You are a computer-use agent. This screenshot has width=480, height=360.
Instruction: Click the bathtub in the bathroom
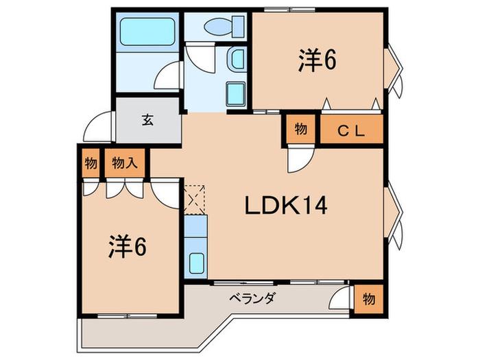click(x=147, y=32)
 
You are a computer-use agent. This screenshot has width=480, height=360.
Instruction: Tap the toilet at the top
click(x=224, y=26)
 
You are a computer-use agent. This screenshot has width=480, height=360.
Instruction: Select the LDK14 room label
click(x=286, y=206)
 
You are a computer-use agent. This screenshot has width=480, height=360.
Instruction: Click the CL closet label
click(x=351, y=131)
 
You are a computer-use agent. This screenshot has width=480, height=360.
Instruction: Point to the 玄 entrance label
click(x=147, y=120)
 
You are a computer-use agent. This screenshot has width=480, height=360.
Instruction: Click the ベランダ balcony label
click(x=253, y=297)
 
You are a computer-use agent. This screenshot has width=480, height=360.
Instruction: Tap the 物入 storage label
click(x=125, y=163)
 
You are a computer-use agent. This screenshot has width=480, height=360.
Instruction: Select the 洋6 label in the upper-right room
click(x=317, y=60)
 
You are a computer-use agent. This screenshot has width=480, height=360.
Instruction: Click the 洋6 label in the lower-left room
click(x=128, y=246)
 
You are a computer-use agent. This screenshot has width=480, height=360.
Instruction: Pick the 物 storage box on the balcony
click(x=369, y=299)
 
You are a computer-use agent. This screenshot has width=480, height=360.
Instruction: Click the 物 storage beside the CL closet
click(x=301, y=129)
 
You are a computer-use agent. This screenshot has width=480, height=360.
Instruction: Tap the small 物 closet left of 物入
click(x=91, y=163)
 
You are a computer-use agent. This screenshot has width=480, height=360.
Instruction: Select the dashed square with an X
click(x=194, y=200)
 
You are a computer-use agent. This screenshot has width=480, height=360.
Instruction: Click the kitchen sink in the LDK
click(x=196, y=263)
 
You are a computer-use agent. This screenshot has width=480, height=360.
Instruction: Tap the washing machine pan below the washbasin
click(x=236, y=94)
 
